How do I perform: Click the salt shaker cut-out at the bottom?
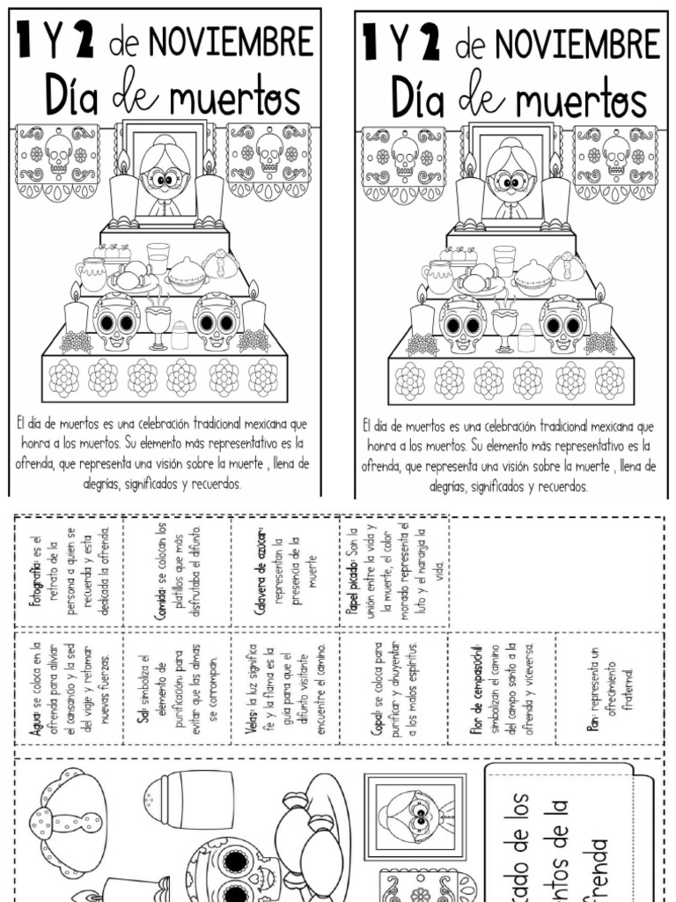click(188, 797)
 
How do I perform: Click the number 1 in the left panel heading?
click(30, 41)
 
